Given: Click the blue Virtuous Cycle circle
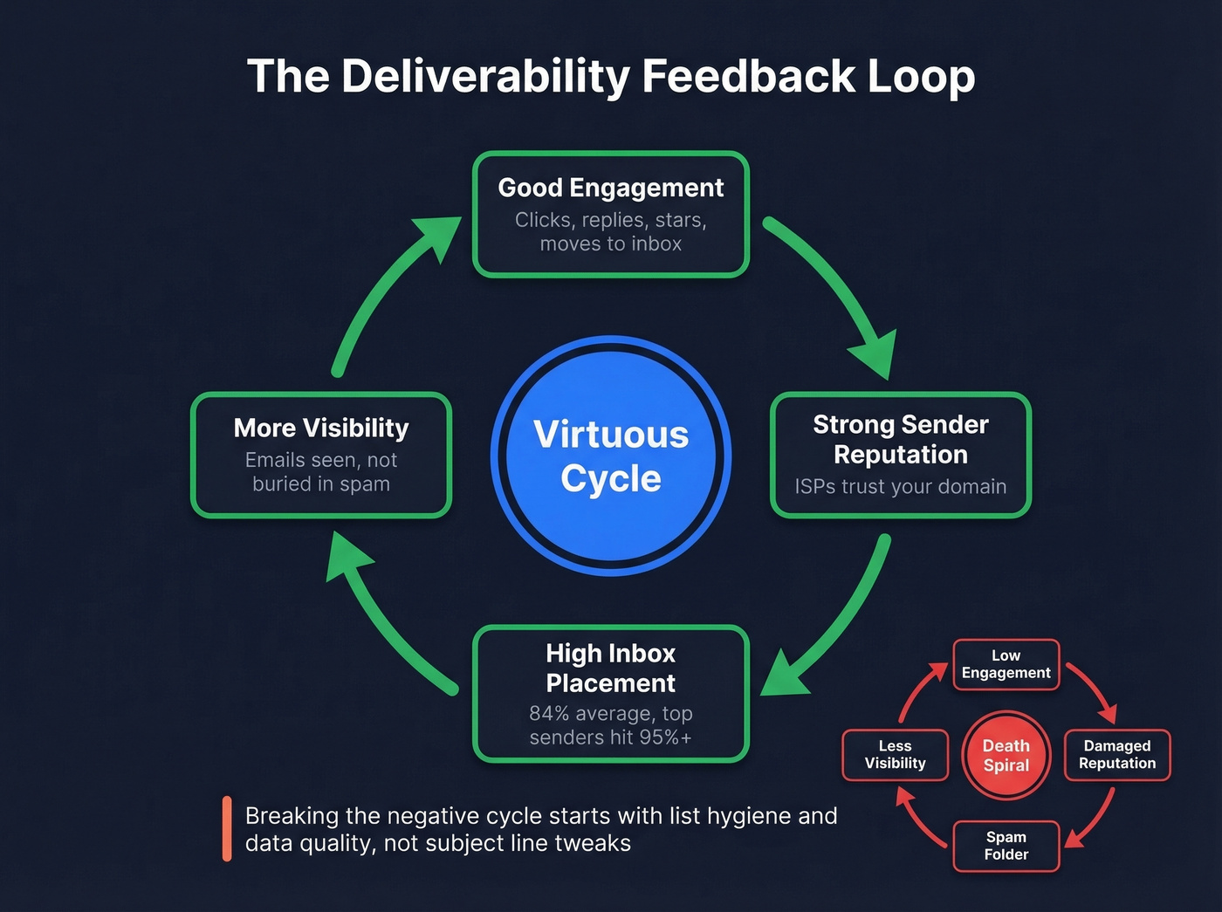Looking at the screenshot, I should pyautogui.click(x=610, y=456).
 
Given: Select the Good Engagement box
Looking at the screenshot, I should pyautogui.click(x=610, y=214).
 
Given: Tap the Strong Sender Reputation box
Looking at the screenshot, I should pyautogui.click(x=900, y=455).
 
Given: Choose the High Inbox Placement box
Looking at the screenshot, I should pyautogui.click(x=610, y=694).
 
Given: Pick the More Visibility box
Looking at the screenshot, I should pyautogui.click(x=320, y=455).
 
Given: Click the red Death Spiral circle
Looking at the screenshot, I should pyautogui.click(x=1006, y=756).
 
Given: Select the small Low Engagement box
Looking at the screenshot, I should pyautogui.click(x=1006, y=664).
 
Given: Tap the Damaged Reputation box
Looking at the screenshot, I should pyautogui.click(x=1116, y=755).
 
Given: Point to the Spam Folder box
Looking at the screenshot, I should pyautogui.click(x=1006, y=846).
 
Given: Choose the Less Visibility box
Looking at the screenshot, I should pyautogui.click(x=895, y=755).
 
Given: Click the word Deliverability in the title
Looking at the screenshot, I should pyautogui.click(x=485, y=77).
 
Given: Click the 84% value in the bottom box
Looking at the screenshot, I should pyautogui.click(x=549, y=714).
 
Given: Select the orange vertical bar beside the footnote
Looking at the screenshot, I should pyautogui.click(x=227, y=828).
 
